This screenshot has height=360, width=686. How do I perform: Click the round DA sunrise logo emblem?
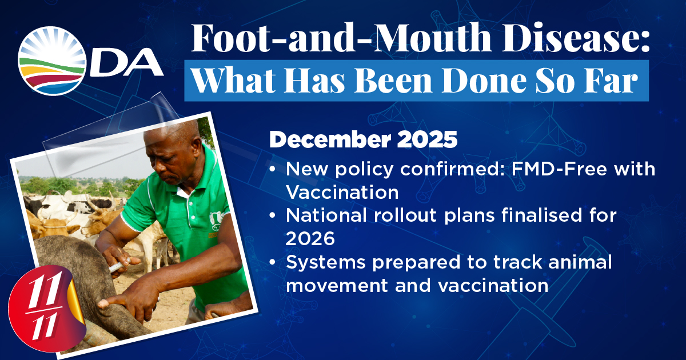52,61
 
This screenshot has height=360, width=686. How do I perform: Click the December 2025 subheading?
363,139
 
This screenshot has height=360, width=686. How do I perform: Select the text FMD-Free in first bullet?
560,169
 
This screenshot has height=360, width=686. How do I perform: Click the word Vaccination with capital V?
342,192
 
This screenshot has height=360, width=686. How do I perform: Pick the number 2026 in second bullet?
310,238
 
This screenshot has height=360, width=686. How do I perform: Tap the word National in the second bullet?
326,215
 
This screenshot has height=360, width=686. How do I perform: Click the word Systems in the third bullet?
326,263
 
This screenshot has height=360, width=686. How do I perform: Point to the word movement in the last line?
337,286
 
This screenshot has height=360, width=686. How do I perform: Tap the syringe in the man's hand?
119,266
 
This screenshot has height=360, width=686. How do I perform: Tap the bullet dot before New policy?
272,169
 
